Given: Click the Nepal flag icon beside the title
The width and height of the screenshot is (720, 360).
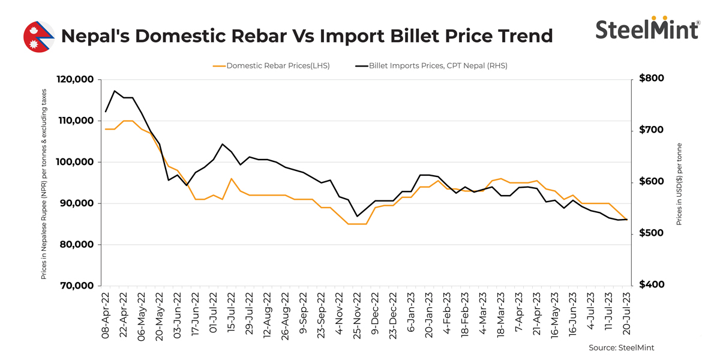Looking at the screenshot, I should pos(38,37).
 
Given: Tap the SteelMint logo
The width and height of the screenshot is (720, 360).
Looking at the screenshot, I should pos(647,28).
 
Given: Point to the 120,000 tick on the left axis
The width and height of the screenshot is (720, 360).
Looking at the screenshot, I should pos(75,80).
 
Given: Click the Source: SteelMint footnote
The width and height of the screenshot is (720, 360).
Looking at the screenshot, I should pos(622,347).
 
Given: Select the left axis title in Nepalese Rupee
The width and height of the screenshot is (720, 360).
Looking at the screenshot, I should pos(45,182).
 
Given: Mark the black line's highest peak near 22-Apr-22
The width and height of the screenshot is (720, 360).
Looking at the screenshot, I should pos(115,91).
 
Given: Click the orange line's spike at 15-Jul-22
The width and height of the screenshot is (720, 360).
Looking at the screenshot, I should pos(232,178).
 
